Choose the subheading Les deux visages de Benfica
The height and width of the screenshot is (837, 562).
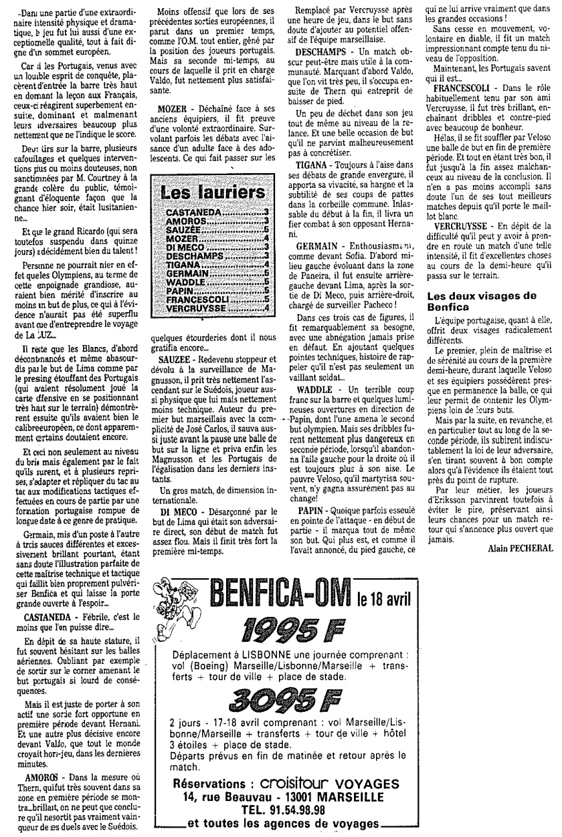coord(473,300)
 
